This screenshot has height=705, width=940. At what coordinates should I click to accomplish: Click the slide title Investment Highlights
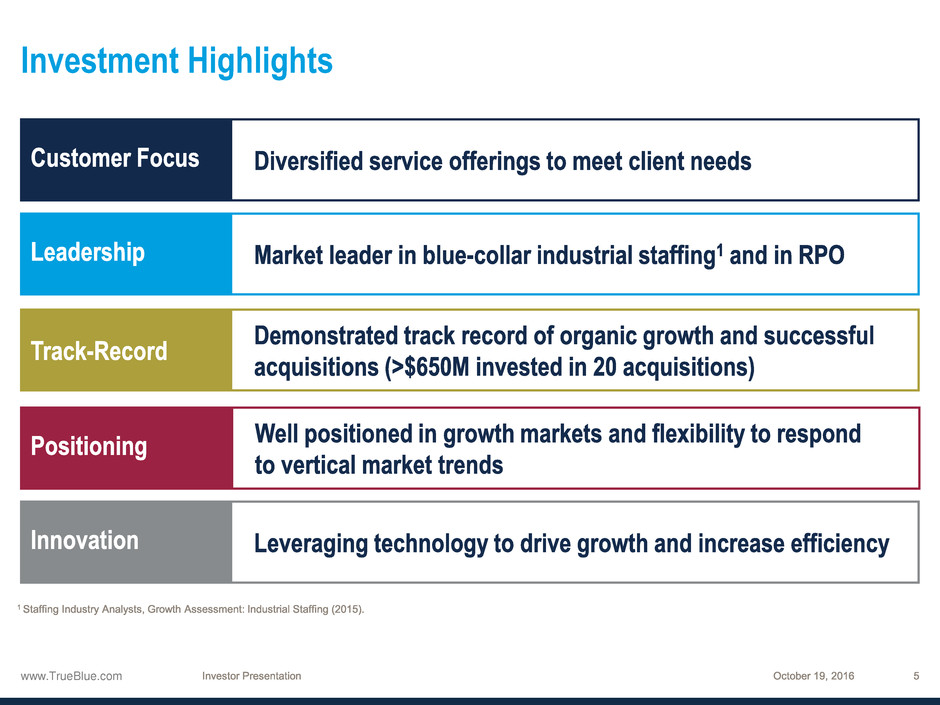pos(177,62)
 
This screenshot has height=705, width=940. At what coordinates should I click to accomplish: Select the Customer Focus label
pos(115,158)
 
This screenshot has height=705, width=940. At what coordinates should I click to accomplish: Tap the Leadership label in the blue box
pos(88,253)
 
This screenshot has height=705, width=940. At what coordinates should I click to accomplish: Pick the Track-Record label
pos(99,351)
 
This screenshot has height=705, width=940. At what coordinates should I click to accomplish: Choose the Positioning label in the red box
pos(89,447)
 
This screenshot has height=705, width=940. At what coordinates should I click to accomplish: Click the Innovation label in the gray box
pos(85,541)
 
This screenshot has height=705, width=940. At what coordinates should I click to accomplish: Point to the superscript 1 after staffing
pos(720,249)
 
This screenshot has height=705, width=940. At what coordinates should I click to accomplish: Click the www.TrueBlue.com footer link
pos(71,676)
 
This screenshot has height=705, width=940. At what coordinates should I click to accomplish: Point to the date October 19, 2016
pos(814,676)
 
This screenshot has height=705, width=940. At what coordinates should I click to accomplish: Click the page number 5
pos(916,676)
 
